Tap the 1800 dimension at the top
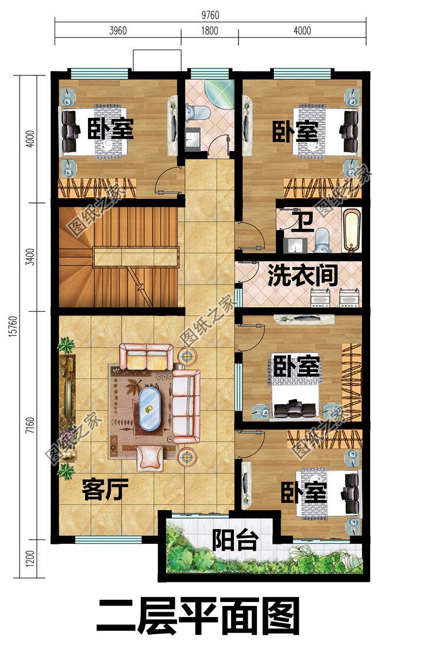209,31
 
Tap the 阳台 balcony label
234,540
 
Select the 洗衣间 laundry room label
302,277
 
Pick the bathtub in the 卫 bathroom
352,231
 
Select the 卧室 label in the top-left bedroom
110,129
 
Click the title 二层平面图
198,616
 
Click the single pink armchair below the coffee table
149,455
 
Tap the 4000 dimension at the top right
302,31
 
